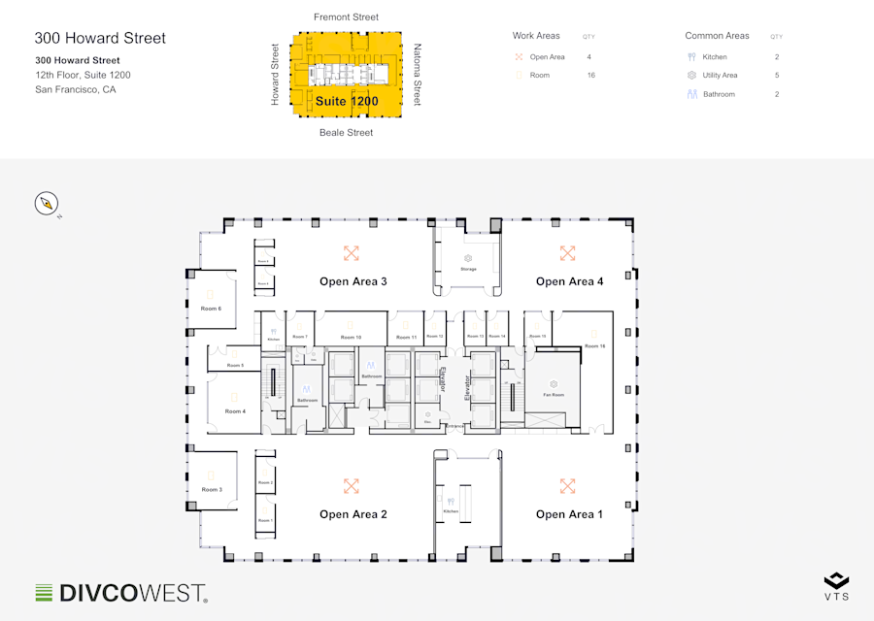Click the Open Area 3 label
coord(353,281)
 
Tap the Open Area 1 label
coord(569,514)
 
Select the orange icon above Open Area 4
coord(568,253)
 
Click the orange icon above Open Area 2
coord(352,486)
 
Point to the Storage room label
coord(468,269)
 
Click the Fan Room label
coord(553,395)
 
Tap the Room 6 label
coord(211,309)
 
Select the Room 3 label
coord(212,490)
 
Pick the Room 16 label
coord(595,345)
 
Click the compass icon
coord(48,204)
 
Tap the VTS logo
coord(836,586)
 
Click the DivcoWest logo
coord(121,592)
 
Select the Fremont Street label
coord(346,17)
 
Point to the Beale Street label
coord(346,133)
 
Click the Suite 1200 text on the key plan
coord(347,101)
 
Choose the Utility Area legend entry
coord(720,76)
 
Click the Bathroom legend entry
coord(719,94)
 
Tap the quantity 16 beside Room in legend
coord(590,76)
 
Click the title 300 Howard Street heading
coord(100,39)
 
